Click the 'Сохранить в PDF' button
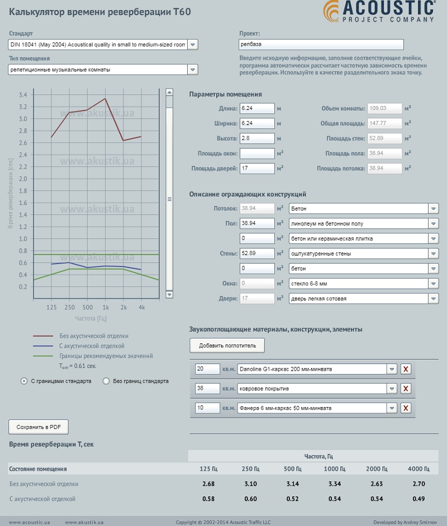(x=39, y=427)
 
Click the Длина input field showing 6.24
(x=257, y=108)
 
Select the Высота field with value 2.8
(x=257, y=138)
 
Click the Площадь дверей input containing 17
(x=257, y=168)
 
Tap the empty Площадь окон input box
(x=257, y=153)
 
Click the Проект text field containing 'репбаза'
(x=321, y=45)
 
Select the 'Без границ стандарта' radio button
(x=106, y=381)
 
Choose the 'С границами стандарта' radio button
(x=23, y=381)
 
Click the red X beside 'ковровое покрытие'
(x=406, y=389)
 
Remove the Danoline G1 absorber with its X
(x=406, y=369)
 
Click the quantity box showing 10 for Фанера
(x=207, y=408)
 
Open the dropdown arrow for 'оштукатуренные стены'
(x=434, y=254)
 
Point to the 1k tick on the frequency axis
(x=105, y=307)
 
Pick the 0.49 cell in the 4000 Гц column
(x=419, y=499)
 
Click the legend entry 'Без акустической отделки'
(x=94, y=336)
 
